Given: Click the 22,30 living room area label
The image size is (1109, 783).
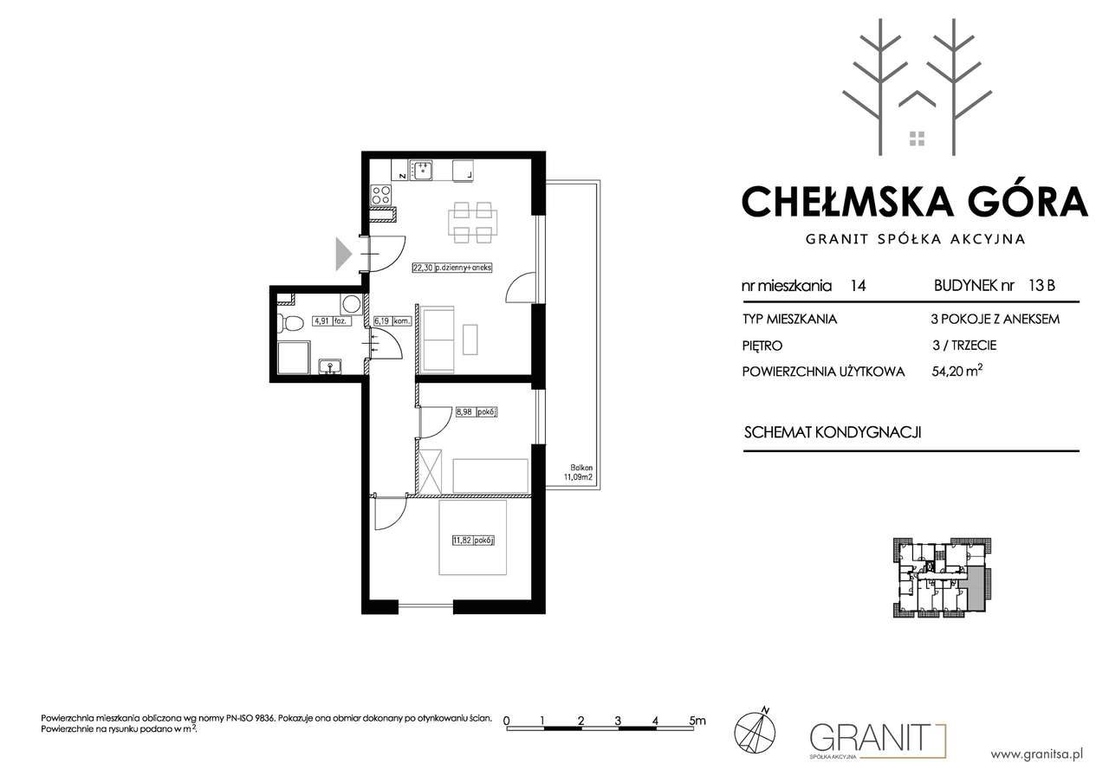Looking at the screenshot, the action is click(x=451, y=268).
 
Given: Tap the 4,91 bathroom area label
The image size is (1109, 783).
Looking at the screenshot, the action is click(x=331, y=320).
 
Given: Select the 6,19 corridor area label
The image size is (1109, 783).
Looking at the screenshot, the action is click(x=392, y=320).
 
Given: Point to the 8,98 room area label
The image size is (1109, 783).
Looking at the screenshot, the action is click(x=476, y=411).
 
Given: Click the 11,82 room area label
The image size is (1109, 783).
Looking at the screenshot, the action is click(x=473, y=540).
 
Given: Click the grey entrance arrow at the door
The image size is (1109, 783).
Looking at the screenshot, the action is click(x=344, y=254).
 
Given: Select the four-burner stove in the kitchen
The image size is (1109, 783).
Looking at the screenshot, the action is click(x=381, y=195).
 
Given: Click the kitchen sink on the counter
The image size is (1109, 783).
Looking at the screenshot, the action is click(x=420, y=171).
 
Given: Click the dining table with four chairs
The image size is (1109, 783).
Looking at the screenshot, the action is click(x=473, y=223).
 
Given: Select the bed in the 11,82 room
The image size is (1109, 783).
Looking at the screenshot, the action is click(x=473, y=538).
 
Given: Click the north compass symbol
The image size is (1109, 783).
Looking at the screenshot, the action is click(x=755, y=733).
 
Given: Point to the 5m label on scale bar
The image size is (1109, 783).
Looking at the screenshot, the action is click(x=697, y=721).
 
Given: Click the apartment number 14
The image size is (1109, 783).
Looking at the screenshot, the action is click(x=858, y=286).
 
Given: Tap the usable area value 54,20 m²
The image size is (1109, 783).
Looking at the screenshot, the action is click(x=957, y=371).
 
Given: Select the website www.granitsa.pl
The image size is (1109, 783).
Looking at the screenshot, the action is click(x=1037, y=754).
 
